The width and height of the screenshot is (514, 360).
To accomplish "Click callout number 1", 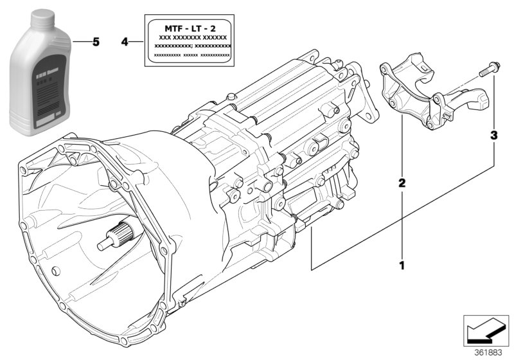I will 402,264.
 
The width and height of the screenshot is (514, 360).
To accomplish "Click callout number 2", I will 402,184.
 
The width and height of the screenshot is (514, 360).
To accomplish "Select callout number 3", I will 493,136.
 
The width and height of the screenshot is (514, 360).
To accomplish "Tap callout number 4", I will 125,42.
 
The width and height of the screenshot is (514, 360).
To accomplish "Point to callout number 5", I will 96,42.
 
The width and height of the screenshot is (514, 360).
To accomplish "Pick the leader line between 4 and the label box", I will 136,42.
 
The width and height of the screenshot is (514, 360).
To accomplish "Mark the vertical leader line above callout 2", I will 402,148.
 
